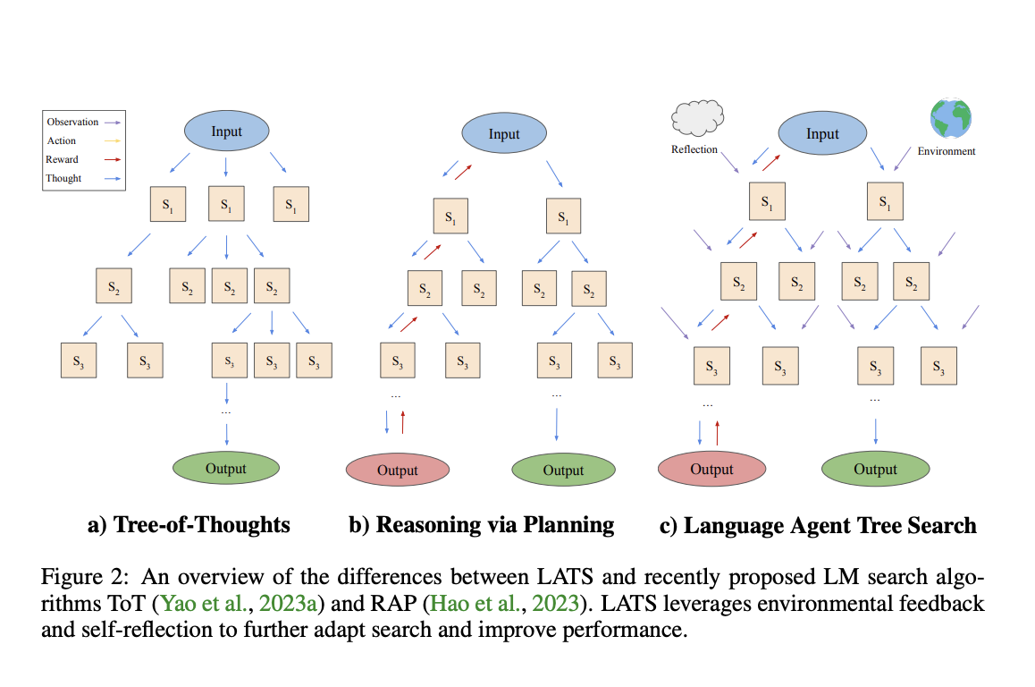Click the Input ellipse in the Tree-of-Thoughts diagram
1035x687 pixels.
(226, 131)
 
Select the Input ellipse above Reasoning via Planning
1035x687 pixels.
(503, 134)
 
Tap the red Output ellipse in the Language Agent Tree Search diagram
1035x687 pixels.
(711, 469)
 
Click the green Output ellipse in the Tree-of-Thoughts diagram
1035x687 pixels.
(225, 468)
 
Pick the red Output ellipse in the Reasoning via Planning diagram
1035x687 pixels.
(397, 470)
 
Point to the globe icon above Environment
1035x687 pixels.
(950, 118)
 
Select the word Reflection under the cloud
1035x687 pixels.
(694, 149)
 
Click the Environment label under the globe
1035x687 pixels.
(947, 151)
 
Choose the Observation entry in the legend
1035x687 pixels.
(72, 122)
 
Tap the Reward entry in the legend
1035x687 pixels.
(63, 159)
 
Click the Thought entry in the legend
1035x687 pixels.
(63, 178)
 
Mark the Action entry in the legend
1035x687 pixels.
(62, 140)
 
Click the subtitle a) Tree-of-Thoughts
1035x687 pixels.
(189, 524)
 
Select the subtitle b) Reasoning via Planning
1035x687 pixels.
(482, 524)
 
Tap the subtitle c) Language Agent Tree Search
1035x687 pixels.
(818, 525)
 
